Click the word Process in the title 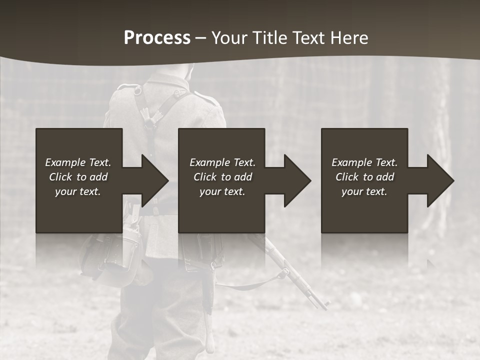157,38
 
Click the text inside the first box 78,177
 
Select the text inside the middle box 222,177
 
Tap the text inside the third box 364,177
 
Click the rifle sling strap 255,285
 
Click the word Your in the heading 229,38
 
